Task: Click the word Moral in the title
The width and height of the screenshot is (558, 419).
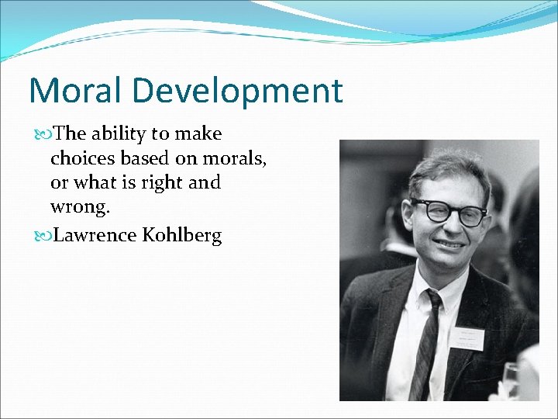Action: pyautogui.click(x=75, y=91)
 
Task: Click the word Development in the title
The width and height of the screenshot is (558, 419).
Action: pyautogui.click(x=237, y=91)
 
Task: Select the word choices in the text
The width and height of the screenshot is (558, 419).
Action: pyautogui.click(x=84, y=158)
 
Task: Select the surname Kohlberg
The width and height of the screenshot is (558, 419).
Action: pyautogui.click(x=182, y=235)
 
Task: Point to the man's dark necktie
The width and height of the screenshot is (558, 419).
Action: pyautogui.click(x=428, y=341)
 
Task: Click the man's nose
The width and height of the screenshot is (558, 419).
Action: pyautogui.click(x=456, y=227)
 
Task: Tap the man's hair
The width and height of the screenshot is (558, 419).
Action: pyautogui.click(x=446, y=167)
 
